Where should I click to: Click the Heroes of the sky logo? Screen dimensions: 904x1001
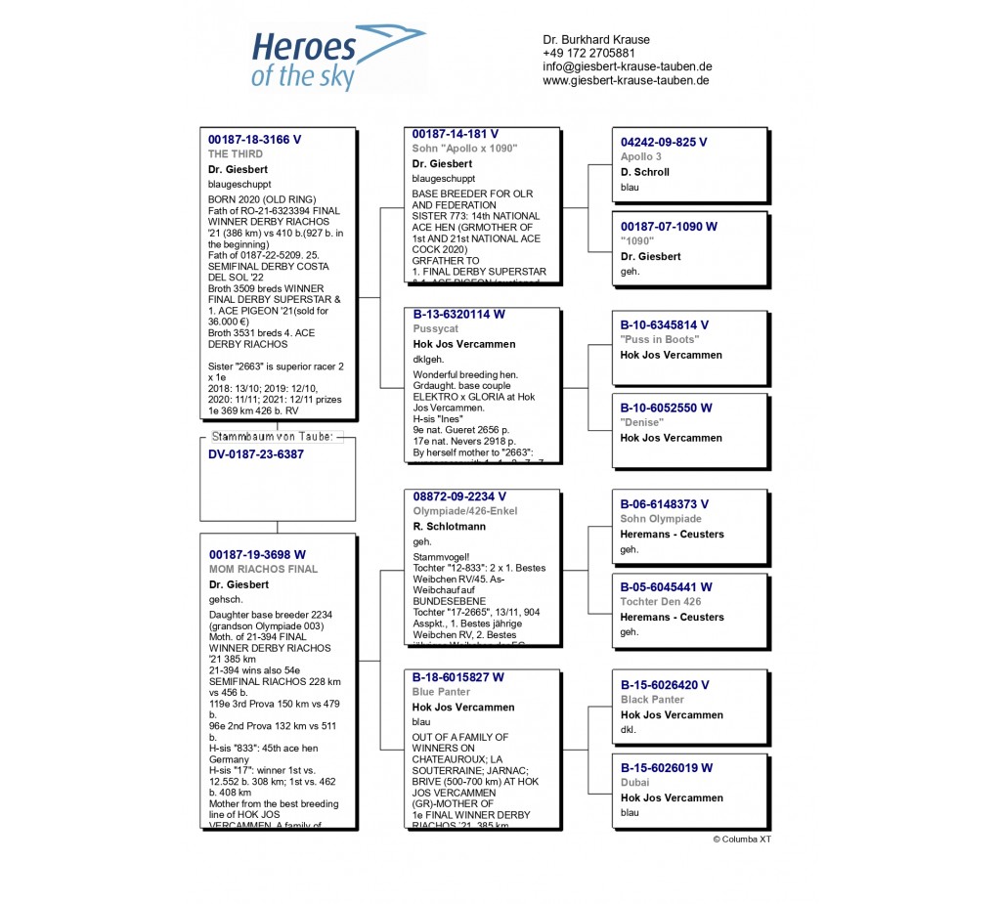pyautogui.click(x=337, y=59)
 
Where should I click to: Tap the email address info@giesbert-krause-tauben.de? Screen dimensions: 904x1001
pyautogui.click(x=627, y=66)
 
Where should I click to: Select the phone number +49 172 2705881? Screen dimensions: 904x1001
pyautogui.click(x=588, y=53)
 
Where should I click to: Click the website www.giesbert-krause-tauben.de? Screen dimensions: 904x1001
pyautogui.click(x=626, y=80)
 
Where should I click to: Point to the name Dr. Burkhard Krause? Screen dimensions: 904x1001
pyautogui.click(x=596, y=39)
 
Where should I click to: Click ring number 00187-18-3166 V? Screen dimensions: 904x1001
pyautogui.click(x=254, y=140)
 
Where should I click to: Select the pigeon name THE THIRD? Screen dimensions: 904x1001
pyautogui.click(x=236, y=154)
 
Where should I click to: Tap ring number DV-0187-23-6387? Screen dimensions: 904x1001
pyautogui.click(x=256, y=454)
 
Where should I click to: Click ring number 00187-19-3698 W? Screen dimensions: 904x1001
pyautogui.click(x=257, y=554)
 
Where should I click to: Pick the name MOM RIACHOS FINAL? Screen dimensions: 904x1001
pyautogui.click(x=263, y=569)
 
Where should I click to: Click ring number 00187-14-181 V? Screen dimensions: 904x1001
pyautogui.click(x=456, y=134)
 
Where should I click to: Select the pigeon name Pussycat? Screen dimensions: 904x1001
pyautogui.click(x=435, y=329)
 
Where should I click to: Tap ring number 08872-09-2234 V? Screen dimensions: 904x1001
pyautogui.click(x=459, y=496)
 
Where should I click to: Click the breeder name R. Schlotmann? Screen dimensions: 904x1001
pyautogui.click(x=449, y=527)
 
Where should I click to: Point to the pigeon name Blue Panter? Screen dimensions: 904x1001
pyautogui.click(x=442, y=692)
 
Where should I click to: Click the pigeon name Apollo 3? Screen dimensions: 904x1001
pyautogui.click(x=641, y=156)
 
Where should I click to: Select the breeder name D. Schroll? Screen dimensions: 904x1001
pyautogui.click(x=645, y=172)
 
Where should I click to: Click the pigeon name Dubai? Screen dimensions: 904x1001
pyautogui.click(x=635, y=783)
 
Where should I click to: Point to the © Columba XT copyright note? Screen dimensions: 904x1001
pyautogui.click(x=742, y=839)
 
